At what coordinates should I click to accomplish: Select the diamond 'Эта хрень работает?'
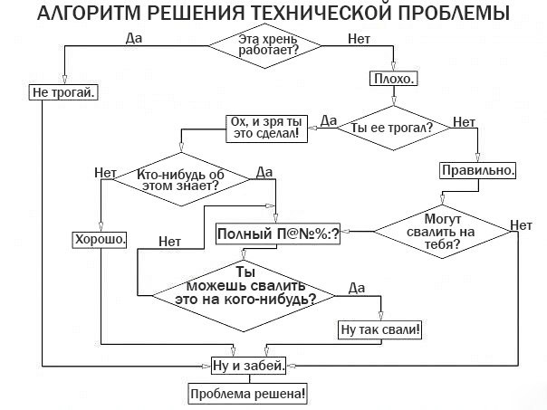point(267,44)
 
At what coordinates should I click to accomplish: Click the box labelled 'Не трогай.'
point(64,92)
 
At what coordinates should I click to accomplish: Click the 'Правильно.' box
point(479,169)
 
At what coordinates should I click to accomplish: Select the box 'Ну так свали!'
point(381,330)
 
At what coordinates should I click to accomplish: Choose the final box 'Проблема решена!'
point(247,395)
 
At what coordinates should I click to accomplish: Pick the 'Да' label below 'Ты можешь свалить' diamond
point(356,288)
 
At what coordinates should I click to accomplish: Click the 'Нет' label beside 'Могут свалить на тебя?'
point(521,225)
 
